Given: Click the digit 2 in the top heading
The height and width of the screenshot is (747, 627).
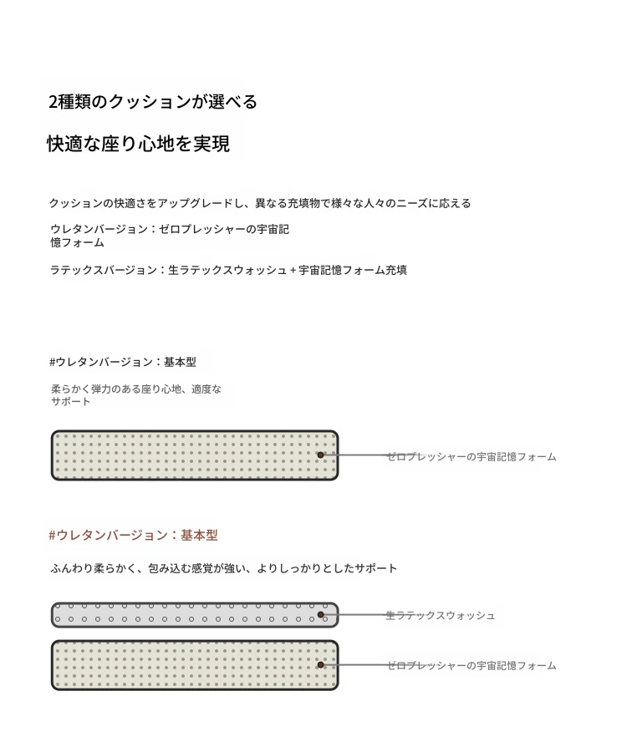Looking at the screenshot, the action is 53,102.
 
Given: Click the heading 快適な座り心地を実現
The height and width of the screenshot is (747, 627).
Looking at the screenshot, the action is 138,144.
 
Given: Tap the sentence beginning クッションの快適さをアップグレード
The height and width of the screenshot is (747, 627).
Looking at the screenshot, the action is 260,203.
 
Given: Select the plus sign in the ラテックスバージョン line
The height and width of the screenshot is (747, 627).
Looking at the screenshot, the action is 293,271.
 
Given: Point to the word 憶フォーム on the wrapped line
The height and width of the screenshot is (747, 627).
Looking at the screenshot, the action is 77,242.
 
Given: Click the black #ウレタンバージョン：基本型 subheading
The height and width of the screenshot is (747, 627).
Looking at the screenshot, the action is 123,362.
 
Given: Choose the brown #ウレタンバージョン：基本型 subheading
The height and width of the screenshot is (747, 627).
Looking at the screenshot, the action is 133,536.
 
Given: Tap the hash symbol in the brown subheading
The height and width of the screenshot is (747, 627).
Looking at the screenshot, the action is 52,536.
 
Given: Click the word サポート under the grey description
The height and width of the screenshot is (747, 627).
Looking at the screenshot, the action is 70,402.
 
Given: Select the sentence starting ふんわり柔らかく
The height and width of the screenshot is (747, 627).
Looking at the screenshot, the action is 223,568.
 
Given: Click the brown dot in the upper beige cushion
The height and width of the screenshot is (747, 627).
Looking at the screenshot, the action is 320,455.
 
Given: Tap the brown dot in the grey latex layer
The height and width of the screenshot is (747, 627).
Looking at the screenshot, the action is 320,614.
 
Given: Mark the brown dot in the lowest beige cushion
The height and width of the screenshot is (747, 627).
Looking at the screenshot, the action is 320,664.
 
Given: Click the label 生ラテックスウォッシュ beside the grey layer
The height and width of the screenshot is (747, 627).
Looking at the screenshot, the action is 440,616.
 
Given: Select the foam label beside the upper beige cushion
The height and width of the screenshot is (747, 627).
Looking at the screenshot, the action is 472,457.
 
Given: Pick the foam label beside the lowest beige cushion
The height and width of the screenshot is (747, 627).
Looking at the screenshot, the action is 472,666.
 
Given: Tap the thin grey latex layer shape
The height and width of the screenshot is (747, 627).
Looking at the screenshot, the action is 195,614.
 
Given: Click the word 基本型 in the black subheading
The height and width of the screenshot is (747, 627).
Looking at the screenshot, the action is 181,362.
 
